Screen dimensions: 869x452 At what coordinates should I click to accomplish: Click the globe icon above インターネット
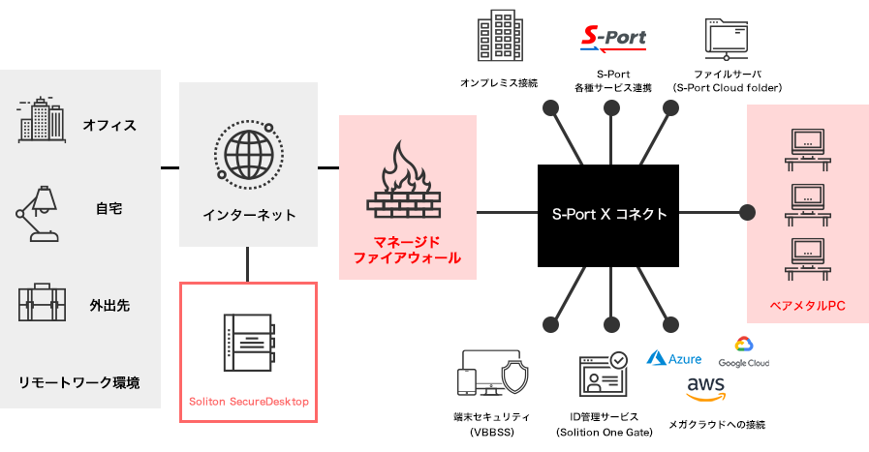(249, 155)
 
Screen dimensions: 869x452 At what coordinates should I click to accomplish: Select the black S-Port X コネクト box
(608, 216)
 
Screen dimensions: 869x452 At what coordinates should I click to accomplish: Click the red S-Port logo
(613, 39)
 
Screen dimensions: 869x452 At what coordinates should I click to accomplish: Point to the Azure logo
(674, 358)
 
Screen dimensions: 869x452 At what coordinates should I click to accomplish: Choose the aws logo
(705, 389)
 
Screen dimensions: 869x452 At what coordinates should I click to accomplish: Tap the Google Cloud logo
(744, 352)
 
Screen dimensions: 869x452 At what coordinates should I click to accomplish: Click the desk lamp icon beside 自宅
(37, 214)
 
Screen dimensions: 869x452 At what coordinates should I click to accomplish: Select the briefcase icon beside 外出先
(42, 302)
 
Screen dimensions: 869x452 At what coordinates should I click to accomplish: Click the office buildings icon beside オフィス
(42, 120)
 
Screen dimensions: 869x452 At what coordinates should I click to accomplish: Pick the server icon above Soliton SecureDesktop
(249, 343)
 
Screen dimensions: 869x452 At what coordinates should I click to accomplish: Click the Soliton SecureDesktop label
(249, 402)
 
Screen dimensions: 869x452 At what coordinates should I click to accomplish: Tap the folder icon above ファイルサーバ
(726, 39)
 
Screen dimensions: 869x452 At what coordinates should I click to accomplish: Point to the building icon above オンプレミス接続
(500, 35)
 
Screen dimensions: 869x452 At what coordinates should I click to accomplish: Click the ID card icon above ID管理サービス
(603, 374)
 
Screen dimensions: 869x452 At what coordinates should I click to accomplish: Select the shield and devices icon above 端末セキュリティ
(493, 373)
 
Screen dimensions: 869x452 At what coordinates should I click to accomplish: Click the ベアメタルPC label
(808, 306)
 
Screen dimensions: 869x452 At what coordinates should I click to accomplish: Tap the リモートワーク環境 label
(79, 382)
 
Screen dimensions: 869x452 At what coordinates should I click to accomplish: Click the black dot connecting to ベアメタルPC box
(747, 212)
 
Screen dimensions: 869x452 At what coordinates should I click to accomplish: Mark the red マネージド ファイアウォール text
(407, 250)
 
